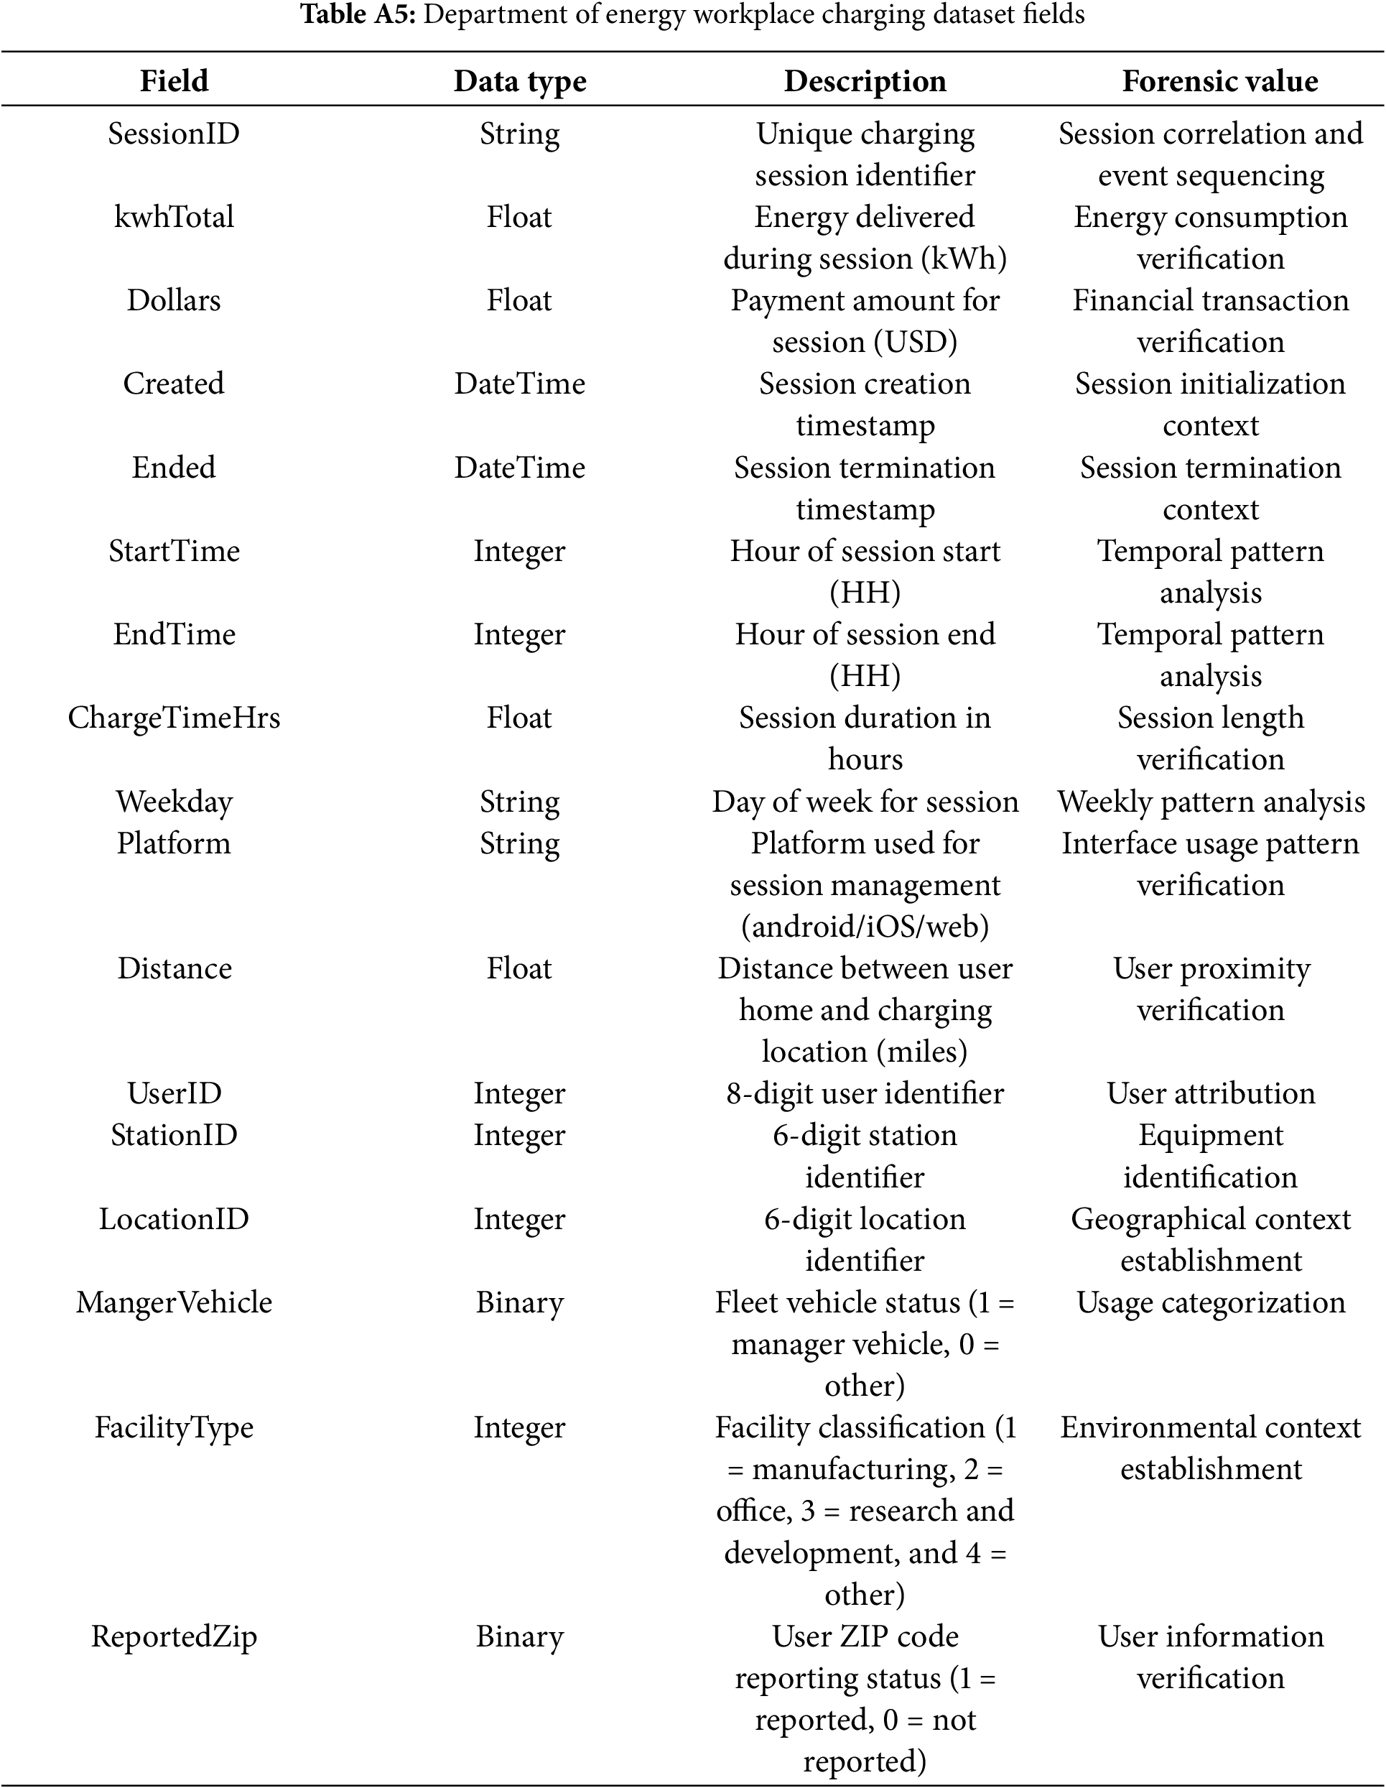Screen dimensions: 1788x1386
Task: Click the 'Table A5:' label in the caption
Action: pos(358,15)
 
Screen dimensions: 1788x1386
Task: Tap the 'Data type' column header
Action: pos(520,81)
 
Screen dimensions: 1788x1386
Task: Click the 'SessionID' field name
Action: pos(174,134)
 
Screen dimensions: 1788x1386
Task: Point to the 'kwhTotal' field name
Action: pos(174,217)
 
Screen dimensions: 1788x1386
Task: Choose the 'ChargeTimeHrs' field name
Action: pos(174,718)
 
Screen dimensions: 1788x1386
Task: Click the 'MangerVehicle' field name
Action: pos(174,1302)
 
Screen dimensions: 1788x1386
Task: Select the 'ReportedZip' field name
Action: pos(174,1636)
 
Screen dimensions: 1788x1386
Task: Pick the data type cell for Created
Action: pos(520,384)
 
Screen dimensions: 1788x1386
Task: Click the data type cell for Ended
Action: pos(520,468)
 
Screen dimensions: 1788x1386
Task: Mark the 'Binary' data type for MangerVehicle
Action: pos(520,1302)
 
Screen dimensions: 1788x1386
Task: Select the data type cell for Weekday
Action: pos(520,802)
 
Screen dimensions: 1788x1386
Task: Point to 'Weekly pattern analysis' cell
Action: pos(1210,802)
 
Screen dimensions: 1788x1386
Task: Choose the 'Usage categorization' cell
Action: pos(1210,1302)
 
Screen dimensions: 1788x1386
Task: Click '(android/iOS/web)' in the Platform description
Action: pos(865,927)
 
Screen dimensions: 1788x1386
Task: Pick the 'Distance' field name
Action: pos(174,968)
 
